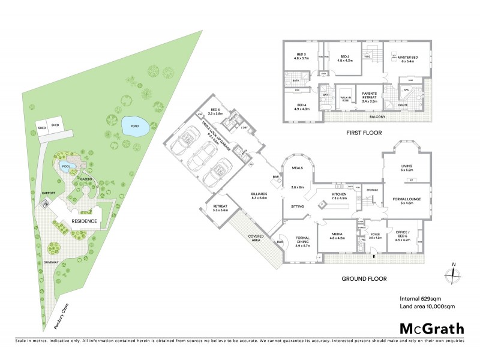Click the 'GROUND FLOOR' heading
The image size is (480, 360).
click(x=364, y=278)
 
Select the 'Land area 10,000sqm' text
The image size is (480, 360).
click(x=425, y=307)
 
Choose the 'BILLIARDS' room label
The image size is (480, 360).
click(x=259, y=194)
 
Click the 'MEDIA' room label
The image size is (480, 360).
click(x=337, y=235)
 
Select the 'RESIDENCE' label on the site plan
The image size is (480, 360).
click(x=85, y=221)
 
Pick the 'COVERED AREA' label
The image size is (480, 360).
click(x=257, y=238)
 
